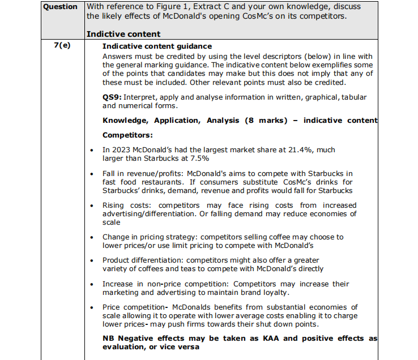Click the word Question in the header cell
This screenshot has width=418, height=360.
click(61, 7)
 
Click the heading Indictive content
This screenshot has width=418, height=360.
click(123, 35)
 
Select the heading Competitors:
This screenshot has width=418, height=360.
click(128, 135)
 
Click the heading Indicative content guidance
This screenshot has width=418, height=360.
click(157, 46)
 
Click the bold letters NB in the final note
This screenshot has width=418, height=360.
click(109, 338)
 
